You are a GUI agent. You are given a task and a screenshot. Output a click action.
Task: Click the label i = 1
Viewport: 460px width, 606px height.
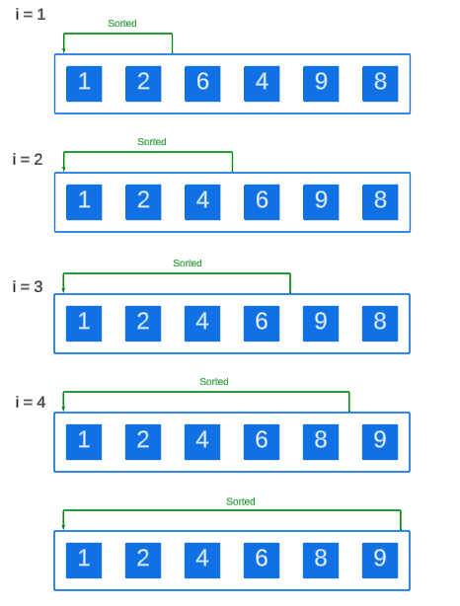click(x=30, y=14)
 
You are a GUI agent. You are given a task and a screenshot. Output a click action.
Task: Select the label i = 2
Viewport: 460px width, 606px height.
click(x=28, y=159)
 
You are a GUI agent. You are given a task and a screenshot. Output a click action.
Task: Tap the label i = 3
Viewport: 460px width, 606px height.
click(x=28, y=286)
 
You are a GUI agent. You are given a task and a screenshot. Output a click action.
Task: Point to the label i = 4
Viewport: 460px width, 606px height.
click(x=31, y=402)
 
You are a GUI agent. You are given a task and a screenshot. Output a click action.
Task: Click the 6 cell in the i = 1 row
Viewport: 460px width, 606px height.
click(x=202, y=83)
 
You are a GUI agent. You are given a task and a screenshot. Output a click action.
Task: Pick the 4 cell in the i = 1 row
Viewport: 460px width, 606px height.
click(x=262, y=83)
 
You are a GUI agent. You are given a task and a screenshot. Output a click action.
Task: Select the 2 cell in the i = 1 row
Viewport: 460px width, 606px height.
click(x=143, y=83)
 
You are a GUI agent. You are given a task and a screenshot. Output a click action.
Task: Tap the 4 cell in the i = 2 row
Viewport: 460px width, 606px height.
click(x=202, y=201)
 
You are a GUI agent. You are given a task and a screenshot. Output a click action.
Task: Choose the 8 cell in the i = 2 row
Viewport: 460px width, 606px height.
click(x=380, y=201)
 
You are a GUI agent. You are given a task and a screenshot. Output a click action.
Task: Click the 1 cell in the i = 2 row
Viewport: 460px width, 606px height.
click(x=84, y=201)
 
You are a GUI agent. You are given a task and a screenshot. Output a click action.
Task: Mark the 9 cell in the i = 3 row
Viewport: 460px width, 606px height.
click(x=321, y=322)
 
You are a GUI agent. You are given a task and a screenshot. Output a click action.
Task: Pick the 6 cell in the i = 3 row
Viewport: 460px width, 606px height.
click(x=262, y=322)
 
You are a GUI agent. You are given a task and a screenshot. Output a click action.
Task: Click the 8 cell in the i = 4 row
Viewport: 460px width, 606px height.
click(x=321, y=441)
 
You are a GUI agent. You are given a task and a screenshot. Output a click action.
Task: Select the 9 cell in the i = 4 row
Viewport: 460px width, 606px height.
click(x=380, y=441)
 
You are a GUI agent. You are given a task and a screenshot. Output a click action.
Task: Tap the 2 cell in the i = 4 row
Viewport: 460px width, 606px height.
click(x=143, y=441)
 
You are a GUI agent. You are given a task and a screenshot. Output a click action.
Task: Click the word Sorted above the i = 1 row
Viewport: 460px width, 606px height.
click(x=122, y=23)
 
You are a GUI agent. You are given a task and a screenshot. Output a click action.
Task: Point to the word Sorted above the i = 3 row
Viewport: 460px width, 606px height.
click(x=188, y=264)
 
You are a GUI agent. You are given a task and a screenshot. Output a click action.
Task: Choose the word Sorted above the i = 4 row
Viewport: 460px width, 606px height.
click(x=214, y=382)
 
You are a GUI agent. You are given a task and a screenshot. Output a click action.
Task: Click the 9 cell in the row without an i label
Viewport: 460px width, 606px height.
click(x=380, y=560)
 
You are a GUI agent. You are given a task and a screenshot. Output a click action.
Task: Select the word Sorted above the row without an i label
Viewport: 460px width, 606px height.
click(x=241, y=501)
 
